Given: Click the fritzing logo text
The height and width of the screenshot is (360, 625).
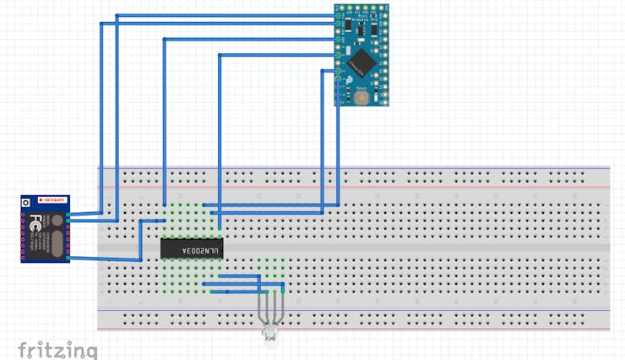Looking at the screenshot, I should (x=57, y=349).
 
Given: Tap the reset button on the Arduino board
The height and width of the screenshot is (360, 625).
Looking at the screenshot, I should (x=362, y=95).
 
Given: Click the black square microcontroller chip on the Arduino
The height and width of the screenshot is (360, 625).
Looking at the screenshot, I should (x=362, y=60).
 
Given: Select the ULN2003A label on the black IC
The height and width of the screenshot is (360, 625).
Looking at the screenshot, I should (x=192, y=248).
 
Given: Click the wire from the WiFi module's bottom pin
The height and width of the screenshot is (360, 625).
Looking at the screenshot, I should (x=106, y=259).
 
